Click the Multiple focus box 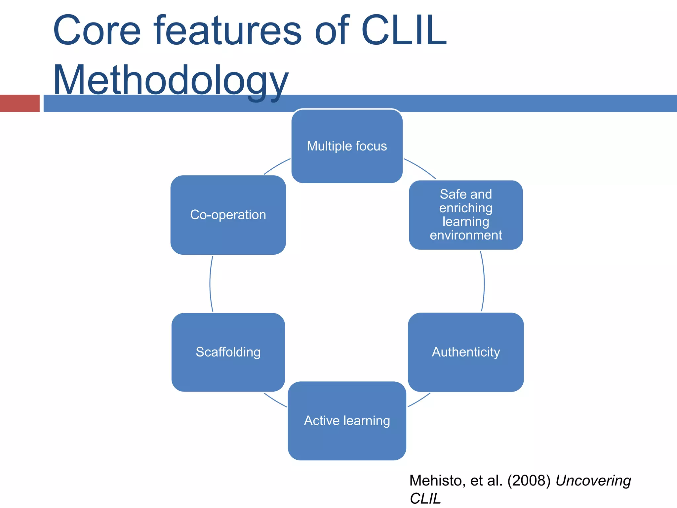click(x=347, y=146)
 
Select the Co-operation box click(x=228, y=215)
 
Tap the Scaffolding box click(x=228, y=352)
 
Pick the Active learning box click(x=347, y=421)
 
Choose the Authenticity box click(x=466, y=352)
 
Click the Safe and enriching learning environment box click(x=466, y=215)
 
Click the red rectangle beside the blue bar click(x=20, y=103)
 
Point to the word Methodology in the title click(x=171, y=80)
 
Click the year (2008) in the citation click(x=529, y=481)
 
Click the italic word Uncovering click(x=593, y=481)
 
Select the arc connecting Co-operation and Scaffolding click(x=210, y=284)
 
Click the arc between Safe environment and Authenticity click(x=484, y=284)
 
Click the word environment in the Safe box click(x=466, y=235)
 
